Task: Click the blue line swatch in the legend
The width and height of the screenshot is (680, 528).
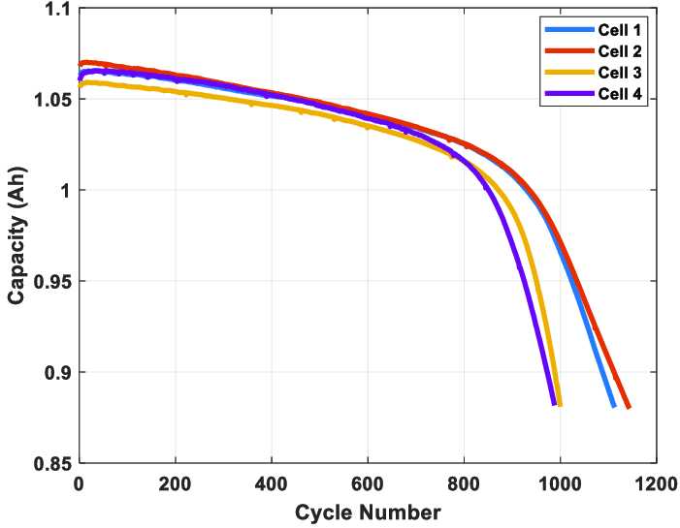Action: (564, 30)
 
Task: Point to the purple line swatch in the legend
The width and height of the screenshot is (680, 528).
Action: (564, 94)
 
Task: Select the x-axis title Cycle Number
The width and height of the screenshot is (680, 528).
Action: (368, 512)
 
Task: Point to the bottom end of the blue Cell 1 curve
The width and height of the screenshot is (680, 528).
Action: (613, 406)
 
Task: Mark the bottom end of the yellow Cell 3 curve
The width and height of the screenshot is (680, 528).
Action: (560, 404)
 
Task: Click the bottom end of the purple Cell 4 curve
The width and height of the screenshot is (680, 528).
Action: (553, 403)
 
